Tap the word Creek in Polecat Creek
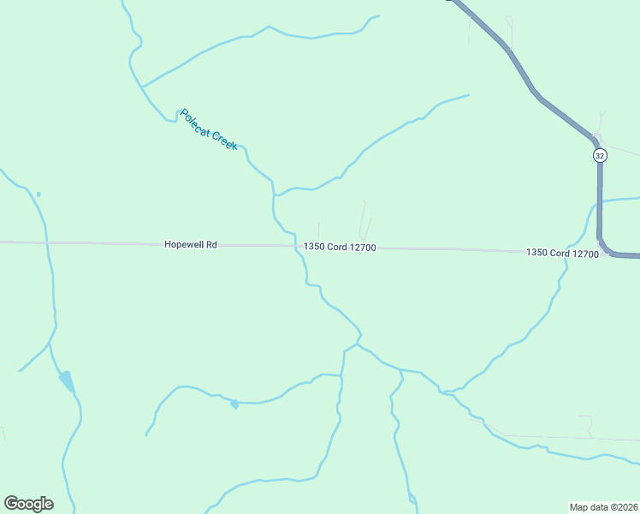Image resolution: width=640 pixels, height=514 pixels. pos(223,140)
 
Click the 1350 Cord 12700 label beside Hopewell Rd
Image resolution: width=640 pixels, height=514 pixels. pos(340,248)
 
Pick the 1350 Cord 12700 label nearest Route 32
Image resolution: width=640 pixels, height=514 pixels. pos(562,253)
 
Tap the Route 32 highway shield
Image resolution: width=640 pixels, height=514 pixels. pos(599,155)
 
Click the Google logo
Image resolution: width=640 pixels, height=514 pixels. pos(28,504)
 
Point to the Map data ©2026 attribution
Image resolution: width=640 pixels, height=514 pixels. pos(603,506)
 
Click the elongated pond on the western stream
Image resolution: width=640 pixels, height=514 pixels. pos(66,381)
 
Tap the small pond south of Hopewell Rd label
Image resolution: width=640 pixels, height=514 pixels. pos(234,403)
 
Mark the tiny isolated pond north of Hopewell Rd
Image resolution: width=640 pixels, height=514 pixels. pos(39,194)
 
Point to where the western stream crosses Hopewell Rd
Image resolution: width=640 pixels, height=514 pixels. pos(47,243)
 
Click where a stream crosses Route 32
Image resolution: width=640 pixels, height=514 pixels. pos(599,202)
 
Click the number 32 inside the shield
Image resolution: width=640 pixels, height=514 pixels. pos(599,155)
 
